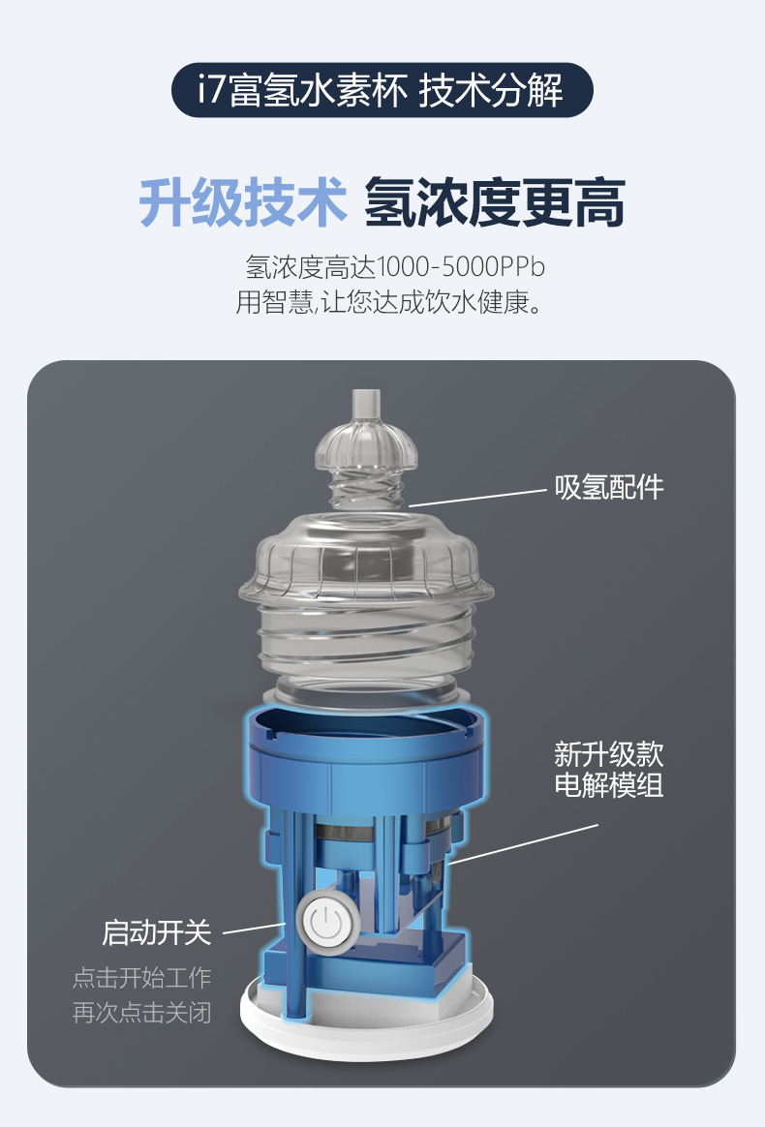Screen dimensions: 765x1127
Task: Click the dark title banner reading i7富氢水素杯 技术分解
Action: tap(382, 91)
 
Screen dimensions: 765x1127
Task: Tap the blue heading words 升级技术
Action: tap(242, 203)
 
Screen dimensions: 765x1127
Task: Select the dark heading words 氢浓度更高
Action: tap(495, 203)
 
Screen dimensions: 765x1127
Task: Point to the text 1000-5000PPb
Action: tap(461, 266)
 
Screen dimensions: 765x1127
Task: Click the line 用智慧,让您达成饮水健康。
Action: tap(389, 302)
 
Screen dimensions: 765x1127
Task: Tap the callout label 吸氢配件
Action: tap(609, 487)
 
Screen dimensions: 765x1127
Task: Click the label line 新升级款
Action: tap(609, 754)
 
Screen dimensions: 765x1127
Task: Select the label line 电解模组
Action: tap(609, 784)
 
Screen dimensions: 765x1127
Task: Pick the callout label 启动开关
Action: tap(157, 932)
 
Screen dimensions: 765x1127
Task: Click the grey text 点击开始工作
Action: tap(141, 978)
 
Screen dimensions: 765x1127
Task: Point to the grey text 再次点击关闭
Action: tap(141, 1013)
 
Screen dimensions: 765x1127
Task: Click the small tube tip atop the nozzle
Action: tap(366, 404)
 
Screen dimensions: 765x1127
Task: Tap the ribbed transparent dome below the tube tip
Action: tap(366, 446)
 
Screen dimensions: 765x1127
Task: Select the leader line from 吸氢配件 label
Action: tap(477, 498)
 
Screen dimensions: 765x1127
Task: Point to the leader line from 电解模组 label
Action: tap(525, 843)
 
